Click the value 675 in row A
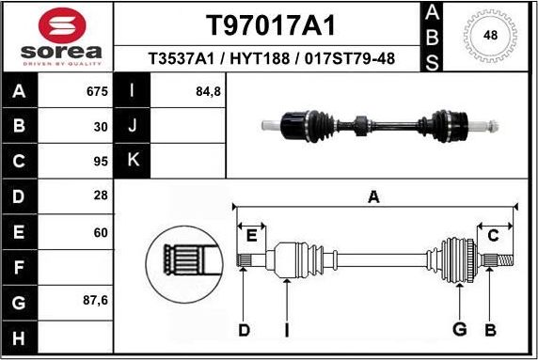[x=98, y=92]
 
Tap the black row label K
[x=133, y=160]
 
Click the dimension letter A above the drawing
[x=373, y=196]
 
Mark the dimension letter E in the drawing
[x=250, y=235]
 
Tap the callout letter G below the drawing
[x=460, y=330]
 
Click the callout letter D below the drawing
[x=244, y=330]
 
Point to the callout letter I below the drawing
[x=286, y=330]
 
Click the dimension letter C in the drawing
[x=493, y=235]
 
